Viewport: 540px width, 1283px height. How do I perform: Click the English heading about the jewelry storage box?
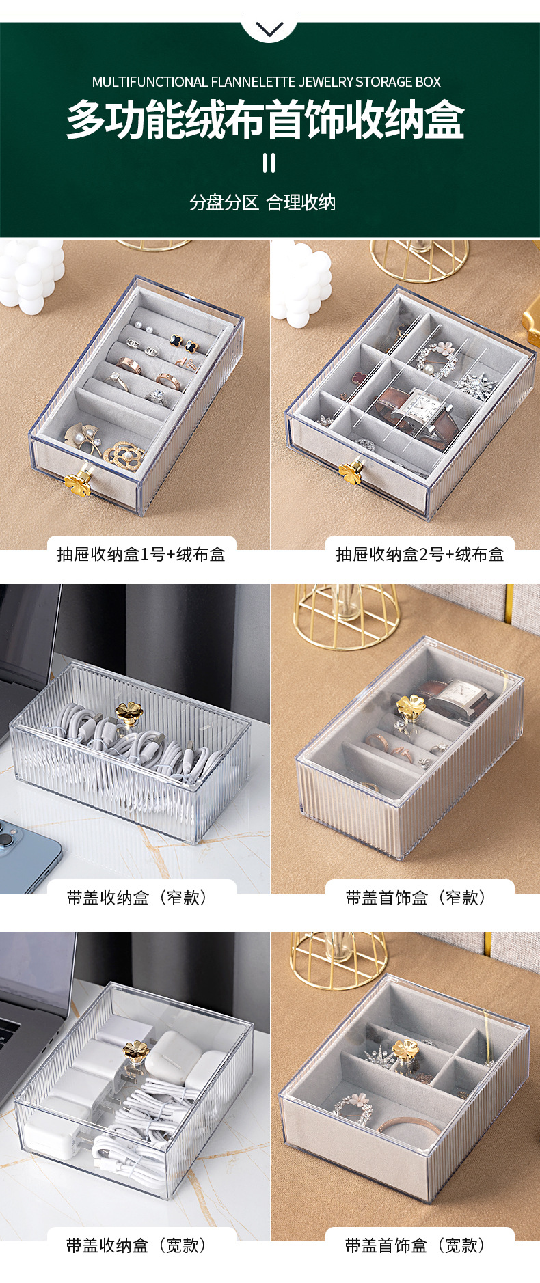coord(267,82)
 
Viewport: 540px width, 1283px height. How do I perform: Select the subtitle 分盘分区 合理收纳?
coord(262,202)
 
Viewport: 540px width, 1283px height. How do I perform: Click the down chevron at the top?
coord(269,29)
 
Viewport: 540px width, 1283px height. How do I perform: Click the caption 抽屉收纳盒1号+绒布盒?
coord(141,554)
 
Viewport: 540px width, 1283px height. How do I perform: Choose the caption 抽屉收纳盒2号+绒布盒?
coord(420,554)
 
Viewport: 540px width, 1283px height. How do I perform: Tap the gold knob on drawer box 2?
coord(351,472)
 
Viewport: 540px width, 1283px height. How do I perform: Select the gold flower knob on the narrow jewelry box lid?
coord(411,706)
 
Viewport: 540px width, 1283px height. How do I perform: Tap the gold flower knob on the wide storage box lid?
coord(135,1051)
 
